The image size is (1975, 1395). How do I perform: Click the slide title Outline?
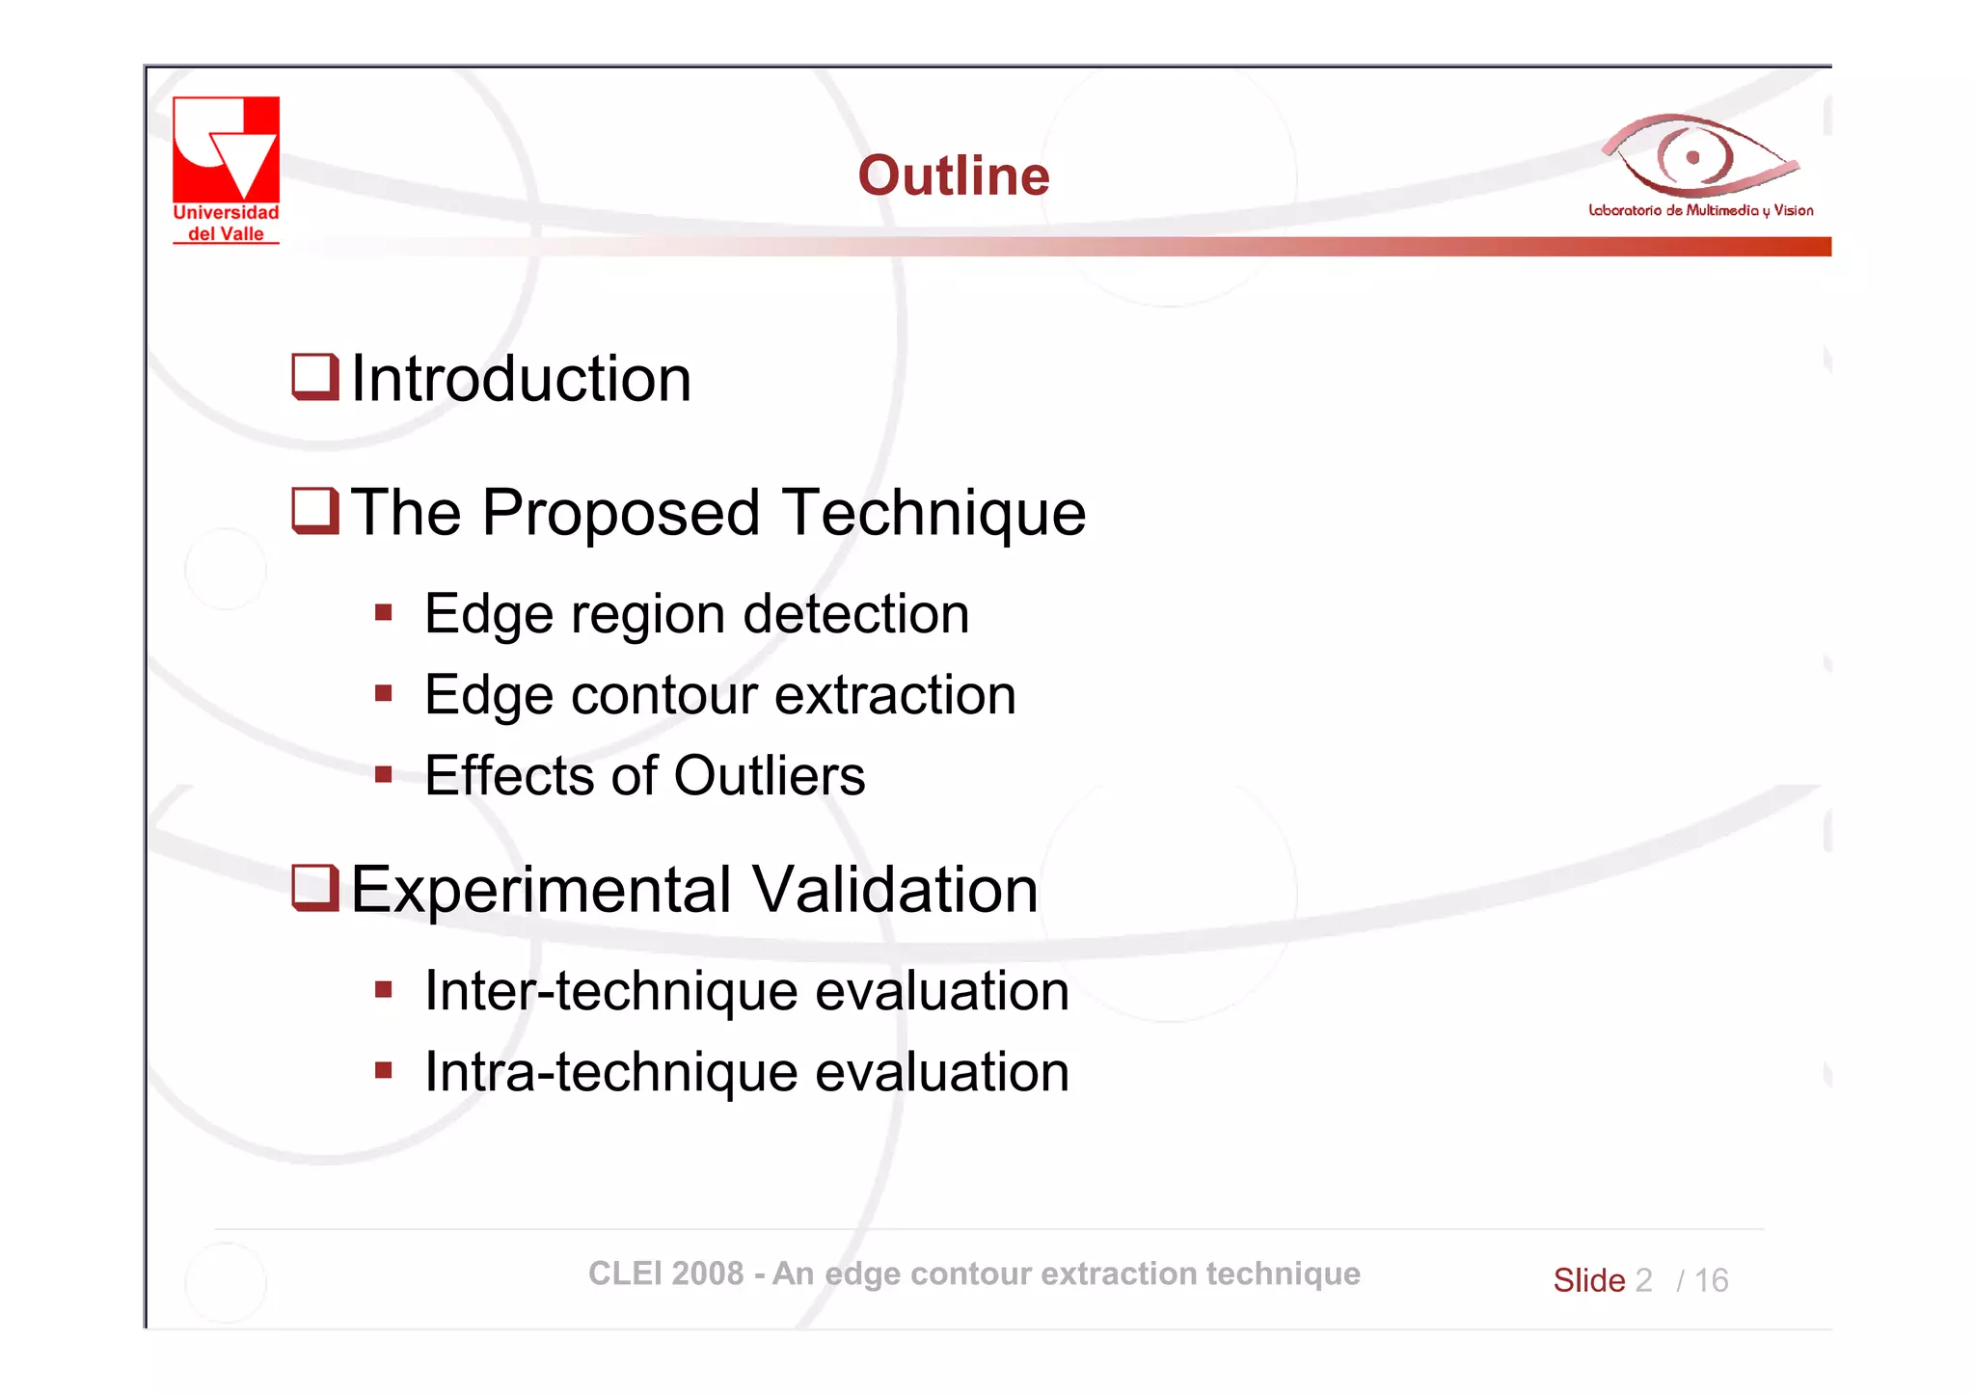pyautogui.click(x=953, y=175)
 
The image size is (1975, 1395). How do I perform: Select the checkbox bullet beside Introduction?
pyautogui.click(x=314, y=376)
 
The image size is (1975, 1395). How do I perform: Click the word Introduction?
pyautogui.click(x=521, y=378)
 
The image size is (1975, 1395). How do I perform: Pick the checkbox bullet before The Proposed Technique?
pyautogui.click(x=314, y=510)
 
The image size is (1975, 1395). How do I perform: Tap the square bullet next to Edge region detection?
pyautogui.click(x=384, y=612)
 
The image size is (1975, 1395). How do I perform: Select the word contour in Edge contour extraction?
pyautogui.click(x=663, y=695)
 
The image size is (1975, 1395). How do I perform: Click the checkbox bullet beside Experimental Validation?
pyautogui.click(x=314, y=887)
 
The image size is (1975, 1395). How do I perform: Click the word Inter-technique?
pyautogui.click(x=610, y=991)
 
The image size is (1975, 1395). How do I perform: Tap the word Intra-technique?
pyautogui.click(x=610, y=1072)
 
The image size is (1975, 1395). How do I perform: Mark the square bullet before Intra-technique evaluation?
pyautogui.click(x=384, y=1070)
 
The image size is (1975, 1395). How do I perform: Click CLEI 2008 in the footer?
pyautogui.click(x=665, y=1274)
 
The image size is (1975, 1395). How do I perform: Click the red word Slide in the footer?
pyautogui.click(x=1588, y=1280)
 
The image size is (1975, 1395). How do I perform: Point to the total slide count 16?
pyautogui.click(x=1711, y=1280)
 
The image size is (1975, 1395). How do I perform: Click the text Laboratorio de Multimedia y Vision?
pyautogui.click(x=1700, y=210)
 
